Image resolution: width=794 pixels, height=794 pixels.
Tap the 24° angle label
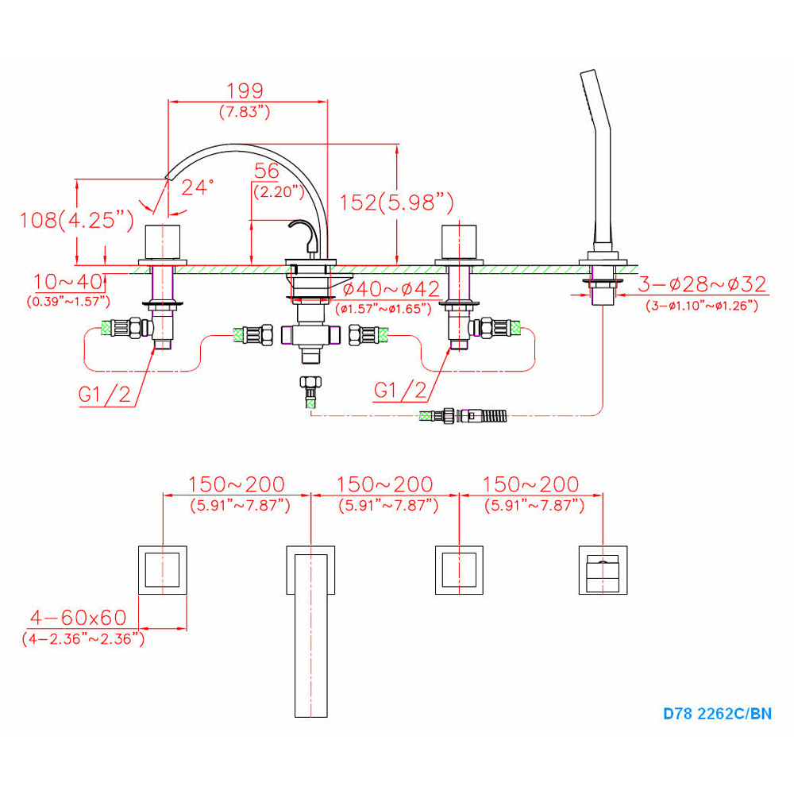198,187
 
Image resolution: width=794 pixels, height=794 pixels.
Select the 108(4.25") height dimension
76,220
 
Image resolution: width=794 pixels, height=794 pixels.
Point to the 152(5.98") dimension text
396,203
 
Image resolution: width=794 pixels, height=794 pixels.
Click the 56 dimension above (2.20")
267,171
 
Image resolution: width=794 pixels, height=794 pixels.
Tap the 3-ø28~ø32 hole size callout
703,284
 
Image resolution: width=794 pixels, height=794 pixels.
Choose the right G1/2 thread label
400,390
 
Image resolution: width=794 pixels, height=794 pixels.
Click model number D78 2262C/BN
717,713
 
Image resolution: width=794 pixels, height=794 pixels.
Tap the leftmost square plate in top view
164,569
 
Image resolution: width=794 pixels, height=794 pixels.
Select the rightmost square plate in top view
603,569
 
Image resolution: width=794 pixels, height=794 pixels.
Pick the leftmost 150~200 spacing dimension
236,484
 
